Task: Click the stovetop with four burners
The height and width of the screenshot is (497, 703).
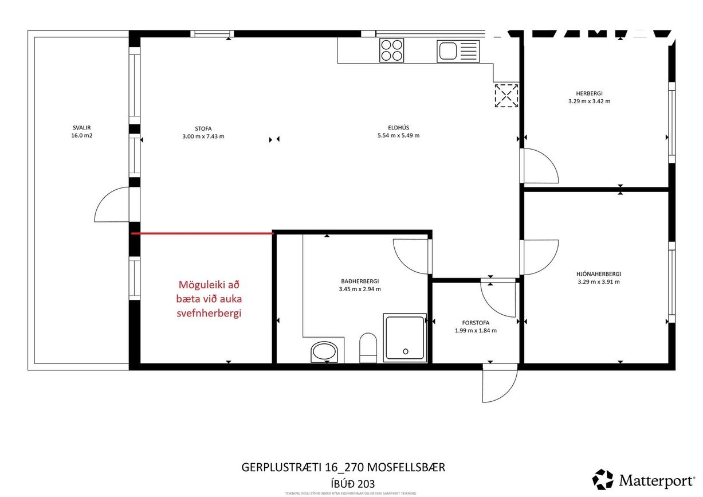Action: click(392, 50)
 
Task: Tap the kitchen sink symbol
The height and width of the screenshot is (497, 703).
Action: click(457, 51)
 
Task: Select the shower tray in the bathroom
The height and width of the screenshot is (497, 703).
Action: click(405, 338)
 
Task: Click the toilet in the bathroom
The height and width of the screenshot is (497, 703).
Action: click(367, 349)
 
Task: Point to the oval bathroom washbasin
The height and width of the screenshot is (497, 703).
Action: click(325, 352)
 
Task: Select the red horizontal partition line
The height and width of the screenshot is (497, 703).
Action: click(202, 233)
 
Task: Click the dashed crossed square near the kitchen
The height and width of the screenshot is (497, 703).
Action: click(506, 95)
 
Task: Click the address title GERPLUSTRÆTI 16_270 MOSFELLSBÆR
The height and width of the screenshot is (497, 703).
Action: click(344, 468)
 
